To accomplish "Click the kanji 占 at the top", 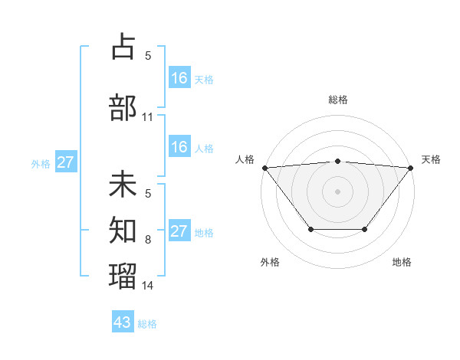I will [x=123, y=47].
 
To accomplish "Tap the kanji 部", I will [x=123, y=108].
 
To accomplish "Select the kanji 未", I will [x=123, y=185].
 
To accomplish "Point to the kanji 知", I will [x=123, y=228].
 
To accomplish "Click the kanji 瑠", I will [x=123, y=273].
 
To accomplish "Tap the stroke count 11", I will [x=148, y=117].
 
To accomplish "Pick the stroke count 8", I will [x=148, y=240].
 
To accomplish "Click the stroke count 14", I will [x=148, y=286].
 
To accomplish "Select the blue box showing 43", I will [x=123, y=322].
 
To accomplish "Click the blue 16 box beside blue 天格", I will [x=179, y=77].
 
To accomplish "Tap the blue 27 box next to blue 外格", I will [x=66, y=162].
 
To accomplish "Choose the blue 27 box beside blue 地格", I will [x=179, y=231].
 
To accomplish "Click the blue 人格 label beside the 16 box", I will [x=204, y=149].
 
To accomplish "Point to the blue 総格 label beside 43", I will [x=147, y=324].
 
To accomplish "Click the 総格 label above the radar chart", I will [x=338, y=100].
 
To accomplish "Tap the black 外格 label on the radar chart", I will [x=270, y=262].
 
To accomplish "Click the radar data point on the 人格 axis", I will [x=264, y=168].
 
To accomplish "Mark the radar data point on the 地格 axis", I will [x=365, y=229].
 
